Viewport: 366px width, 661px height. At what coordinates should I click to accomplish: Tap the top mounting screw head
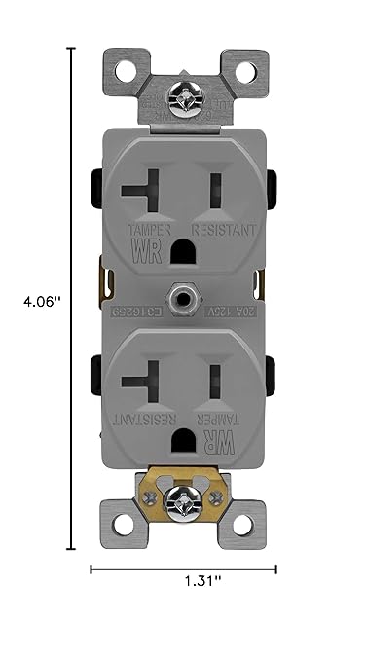pyautogui.click(x=183, y=97)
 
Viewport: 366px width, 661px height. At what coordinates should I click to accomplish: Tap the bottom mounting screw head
pyautogui.click(x=183, y=502)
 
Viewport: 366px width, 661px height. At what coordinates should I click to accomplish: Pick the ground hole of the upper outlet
pyautogui.click(x=182, y=253)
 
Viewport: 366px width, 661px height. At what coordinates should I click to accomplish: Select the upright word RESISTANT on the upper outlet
pyautogui.click(x=224, y=231)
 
